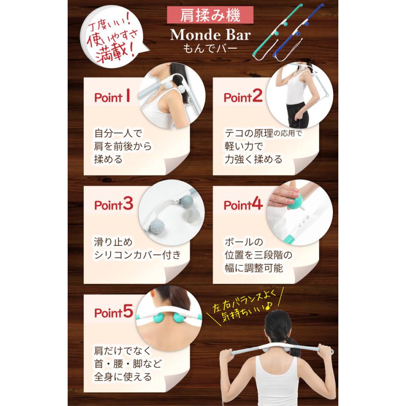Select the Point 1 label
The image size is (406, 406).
click(x=112, y=97)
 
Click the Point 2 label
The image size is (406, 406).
click(x=242, y=97)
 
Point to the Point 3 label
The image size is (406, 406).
click(x=114, y=204)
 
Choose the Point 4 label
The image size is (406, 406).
click(x=243, y=204)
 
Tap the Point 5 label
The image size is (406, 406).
click(x=114, y=312)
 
